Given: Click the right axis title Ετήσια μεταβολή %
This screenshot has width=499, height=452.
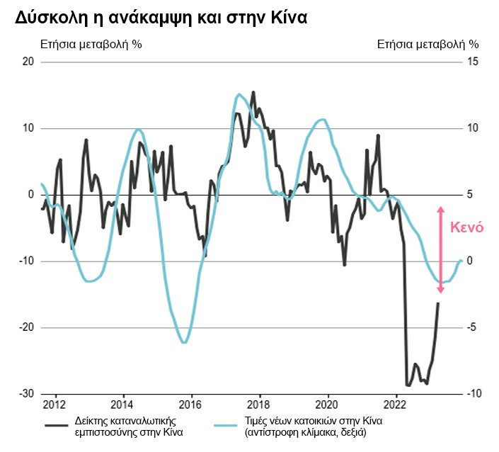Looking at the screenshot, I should tap(428, 44).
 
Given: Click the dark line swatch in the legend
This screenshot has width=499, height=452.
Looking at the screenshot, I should tap(57, 425).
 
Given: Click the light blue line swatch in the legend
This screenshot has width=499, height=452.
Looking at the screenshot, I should tap(227, 425).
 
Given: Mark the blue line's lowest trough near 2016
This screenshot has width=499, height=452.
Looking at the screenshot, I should tap(183, 343).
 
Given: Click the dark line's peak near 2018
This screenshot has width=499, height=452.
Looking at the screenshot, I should tap(253, 92).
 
